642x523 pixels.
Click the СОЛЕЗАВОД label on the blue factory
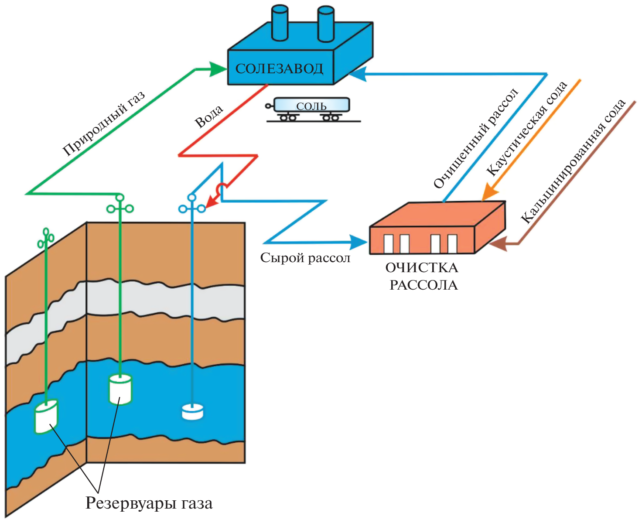(x=279, y=68)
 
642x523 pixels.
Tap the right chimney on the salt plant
(x=326, y=24)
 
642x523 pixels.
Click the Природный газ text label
(x=103, y=124)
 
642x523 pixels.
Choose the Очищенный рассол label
(x=476, y=138)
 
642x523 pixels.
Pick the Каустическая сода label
(x=526, y=129)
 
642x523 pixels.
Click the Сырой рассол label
(x=305, y=258)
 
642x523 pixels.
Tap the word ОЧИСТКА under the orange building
(x=421, y=267)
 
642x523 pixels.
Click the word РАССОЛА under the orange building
(x=423, y=285)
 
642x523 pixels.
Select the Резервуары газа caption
(x=149, y=503)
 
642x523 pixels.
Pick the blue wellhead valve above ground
(x=192, y=208)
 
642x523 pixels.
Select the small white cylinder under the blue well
(x=192, y=411)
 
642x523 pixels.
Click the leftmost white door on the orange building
(x=388, y=244)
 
